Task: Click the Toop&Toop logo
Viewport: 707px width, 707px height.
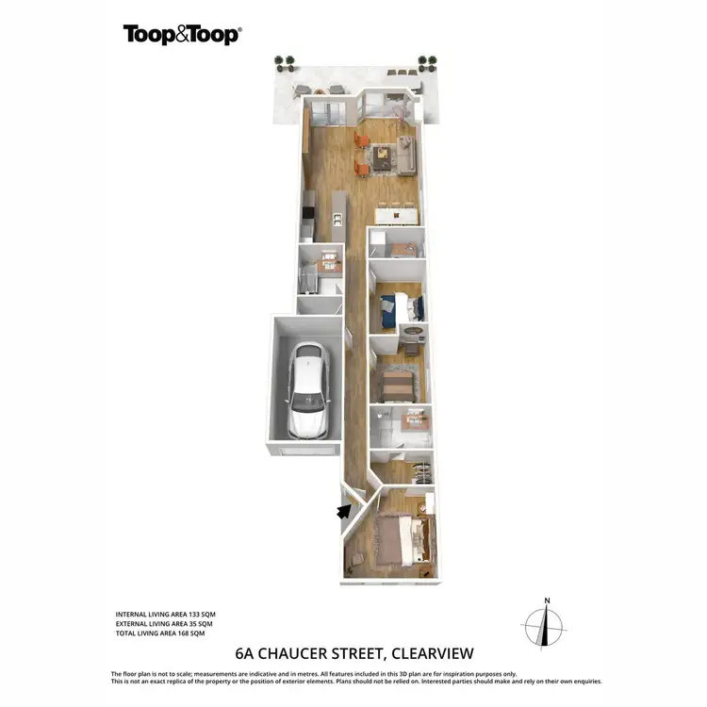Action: coord(182,35)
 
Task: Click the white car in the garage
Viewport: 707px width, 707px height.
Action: coord(306,389)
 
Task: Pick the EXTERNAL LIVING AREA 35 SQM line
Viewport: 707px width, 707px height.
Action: coord(164,624)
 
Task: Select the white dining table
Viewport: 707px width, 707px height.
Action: coord(395,216)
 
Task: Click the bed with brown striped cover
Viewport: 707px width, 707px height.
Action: coord(397,385)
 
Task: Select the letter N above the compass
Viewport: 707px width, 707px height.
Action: coord(546,600)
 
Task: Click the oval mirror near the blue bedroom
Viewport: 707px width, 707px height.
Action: coord(413,332)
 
